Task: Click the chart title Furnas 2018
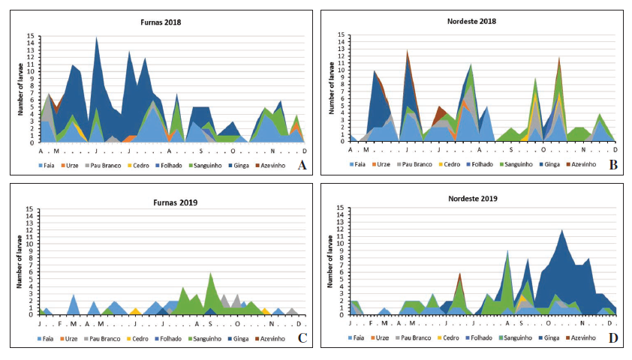pos(160,22)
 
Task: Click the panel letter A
pos(301,165)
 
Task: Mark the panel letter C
pos(301,338)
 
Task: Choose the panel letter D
pos(612,338)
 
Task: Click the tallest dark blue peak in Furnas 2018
pos(96,37)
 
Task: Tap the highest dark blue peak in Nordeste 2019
pos(561,230)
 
